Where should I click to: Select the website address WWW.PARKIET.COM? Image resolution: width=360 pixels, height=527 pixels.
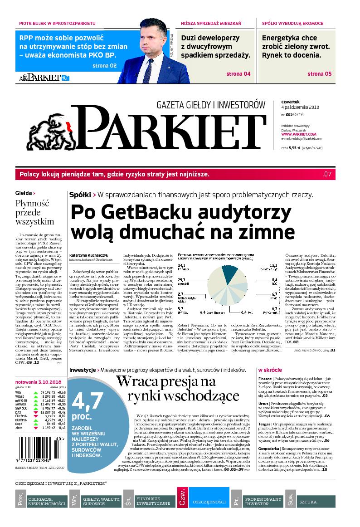[x=298, y=134]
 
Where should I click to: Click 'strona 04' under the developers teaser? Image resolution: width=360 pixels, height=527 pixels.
[x=238, y=73]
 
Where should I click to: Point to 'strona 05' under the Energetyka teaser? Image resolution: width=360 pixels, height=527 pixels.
[x=319, y=73]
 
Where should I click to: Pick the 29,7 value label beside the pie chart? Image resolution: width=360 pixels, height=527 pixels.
[x=182, y=280]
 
